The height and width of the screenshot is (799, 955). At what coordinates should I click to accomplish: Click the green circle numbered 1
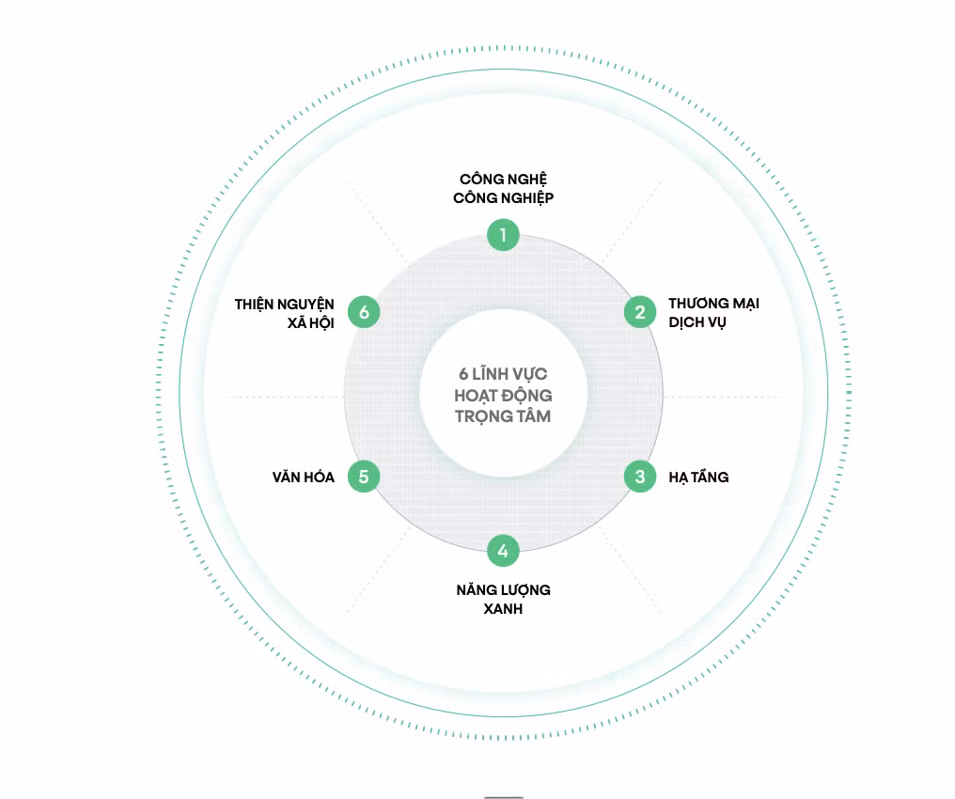pos(503,234)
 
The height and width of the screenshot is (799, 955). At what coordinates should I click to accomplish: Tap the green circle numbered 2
pos(639,312)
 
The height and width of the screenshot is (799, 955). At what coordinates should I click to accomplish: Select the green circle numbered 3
pos(639,477)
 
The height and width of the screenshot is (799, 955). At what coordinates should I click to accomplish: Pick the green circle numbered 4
pos(503,551)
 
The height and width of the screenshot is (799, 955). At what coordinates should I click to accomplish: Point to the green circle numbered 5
pos(364,477)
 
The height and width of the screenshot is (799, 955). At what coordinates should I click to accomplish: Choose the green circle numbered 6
pos(364,312)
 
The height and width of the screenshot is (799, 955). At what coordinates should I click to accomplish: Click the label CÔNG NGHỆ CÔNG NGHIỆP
pos(503,188)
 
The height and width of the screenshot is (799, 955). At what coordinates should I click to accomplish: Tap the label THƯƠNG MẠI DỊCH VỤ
pos(713,313)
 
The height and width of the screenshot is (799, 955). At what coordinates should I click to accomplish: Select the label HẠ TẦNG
pos(698,477)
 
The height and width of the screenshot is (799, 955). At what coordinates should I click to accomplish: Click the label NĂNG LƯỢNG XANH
pos(503,600)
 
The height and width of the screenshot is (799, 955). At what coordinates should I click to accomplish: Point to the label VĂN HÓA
pos(304,477)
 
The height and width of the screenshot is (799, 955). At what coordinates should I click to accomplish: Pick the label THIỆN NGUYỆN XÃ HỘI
pos(285,314)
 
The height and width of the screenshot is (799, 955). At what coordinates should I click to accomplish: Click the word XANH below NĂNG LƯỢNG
pos(503,609)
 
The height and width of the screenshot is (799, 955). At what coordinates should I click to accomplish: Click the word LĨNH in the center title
pos(490,373)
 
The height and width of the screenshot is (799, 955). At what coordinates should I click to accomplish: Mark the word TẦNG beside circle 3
pos(710,477)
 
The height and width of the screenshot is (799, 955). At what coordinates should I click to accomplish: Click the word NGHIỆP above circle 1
pos(527,198)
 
